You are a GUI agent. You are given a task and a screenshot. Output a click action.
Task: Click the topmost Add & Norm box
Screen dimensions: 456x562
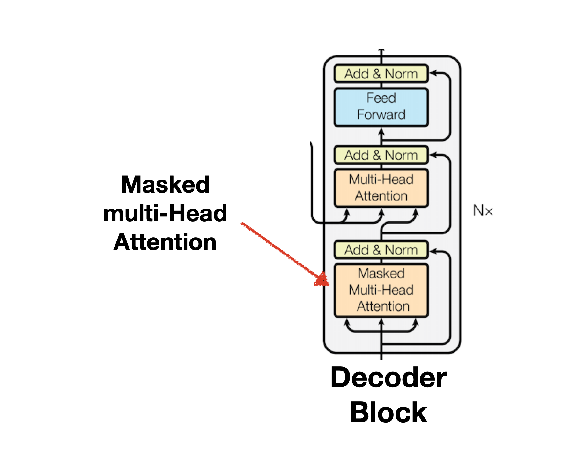[381, 74]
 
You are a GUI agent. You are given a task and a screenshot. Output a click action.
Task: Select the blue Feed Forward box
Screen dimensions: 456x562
[381, 107]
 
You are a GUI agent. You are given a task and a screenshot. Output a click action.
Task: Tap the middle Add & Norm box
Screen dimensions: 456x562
[381, 155]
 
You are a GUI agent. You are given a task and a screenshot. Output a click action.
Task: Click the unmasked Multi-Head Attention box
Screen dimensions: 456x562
[381, 188]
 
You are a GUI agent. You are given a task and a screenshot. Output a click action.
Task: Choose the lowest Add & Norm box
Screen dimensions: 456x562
[381, 250]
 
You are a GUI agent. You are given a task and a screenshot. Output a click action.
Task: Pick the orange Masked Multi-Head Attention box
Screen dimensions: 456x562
[381, 290]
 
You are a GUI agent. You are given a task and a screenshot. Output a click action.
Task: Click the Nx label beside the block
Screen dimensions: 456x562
[483, 211]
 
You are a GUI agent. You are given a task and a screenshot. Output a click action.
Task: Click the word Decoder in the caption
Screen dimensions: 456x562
[388, 378]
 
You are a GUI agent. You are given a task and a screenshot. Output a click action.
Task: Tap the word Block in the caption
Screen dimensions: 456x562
[388, 413]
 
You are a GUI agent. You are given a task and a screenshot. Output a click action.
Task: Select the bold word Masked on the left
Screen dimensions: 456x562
[165, 185]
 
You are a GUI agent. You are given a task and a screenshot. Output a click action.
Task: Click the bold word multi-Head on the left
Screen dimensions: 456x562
[165, 213]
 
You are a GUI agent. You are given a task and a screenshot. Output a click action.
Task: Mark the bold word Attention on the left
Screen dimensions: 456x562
[165, 242]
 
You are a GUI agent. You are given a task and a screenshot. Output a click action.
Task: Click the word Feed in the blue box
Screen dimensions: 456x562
[381, 98]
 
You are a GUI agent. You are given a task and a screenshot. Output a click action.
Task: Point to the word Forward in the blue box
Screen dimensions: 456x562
[381, 114]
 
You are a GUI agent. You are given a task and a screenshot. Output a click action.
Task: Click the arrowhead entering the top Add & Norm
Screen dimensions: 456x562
[433, 73]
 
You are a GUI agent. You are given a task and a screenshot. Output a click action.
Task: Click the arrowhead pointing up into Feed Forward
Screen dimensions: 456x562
[381, 131]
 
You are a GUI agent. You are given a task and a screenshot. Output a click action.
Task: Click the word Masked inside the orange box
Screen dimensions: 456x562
[381, 273]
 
